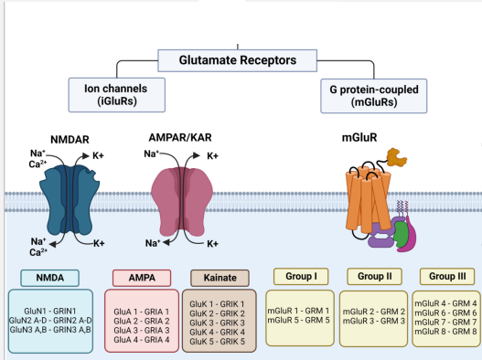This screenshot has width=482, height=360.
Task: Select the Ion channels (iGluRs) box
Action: tap(113, 95)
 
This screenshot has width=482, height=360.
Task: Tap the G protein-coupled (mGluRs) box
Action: tap(368, 95)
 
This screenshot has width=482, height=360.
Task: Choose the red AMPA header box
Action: tap(143, 277)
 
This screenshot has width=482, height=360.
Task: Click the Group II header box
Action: tap(375, 275)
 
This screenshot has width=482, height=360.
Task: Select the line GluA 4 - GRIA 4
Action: tap(142, 339)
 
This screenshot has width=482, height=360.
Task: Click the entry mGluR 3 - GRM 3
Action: tap(373, 321)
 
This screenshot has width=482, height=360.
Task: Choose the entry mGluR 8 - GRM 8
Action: tap(447, 331)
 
